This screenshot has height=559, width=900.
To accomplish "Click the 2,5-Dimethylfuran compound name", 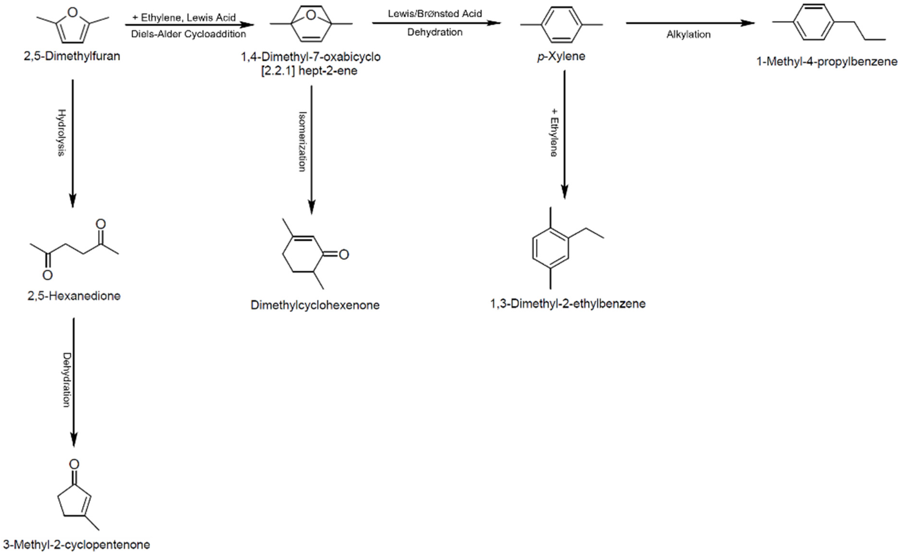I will click(72, 56).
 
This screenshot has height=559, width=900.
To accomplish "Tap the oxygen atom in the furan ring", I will click(73, 13).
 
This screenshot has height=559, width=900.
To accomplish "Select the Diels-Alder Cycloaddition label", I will click(188, 34).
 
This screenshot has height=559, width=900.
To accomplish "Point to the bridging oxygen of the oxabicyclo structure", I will click(311, 15).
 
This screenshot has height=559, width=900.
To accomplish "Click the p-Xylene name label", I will click(561, 56).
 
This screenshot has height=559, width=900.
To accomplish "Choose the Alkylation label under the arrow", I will click(688, 34).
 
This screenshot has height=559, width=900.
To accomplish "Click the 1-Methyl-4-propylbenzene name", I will click(826, 61).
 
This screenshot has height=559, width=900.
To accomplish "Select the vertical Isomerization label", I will click(302, 142).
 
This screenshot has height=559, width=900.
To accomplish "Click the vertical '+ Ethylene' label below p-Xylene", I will click(554, 132).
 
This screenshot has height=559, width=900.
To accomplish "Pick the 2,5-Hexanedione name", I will click(74, 296).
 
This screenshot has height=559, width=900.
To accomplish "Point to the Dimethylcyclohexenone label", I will click(315, 305).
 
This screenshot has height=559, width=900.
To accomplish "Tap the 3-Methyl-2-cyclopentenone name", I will click(77, 545).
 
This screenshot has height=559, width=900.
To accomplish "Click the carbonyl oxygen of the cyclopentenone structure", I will click(74, 464).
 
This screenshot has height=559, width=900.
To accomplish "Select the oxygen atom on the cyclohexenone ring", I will click(344, 254).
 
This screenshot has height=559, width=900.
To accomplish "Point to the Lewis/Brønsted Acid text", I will click(435, 14).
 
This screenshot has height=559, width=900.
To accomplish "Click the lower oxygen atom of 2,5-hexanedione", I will click(47, 275).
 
